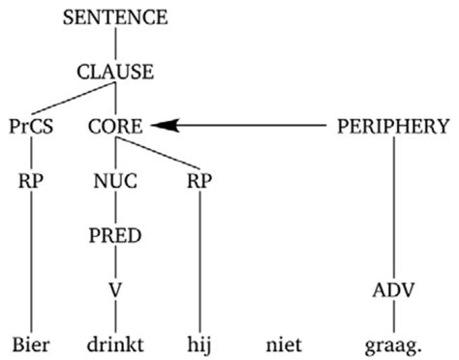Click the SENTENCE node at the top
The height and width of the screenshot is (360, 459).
[x=114, y=17]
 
